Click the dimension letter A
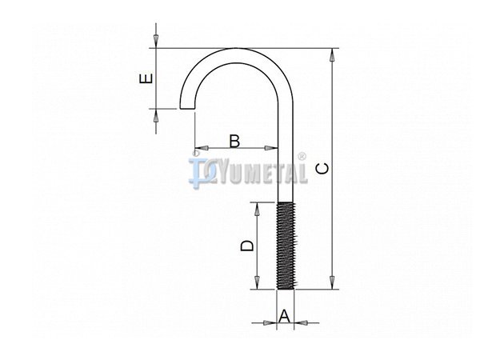click(285, 316)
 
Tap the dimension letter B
click(234, 141)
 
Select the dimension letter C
click(322, 169)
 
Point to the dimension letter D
click(247, 246)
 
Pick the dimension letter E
click(146, 78)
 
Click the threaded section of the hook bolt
click(286, 246)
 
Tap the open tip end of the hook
click(187, 108)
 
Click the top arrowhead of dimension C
click(332, 54)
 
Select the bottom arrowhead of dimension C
click(332, 282)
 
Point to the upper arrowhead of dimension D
click(257, 209)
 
